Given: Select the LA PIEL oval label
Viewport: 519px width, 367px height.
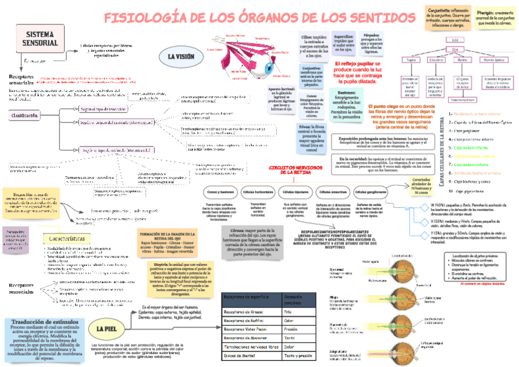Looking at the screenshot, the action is coord(107,329).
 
